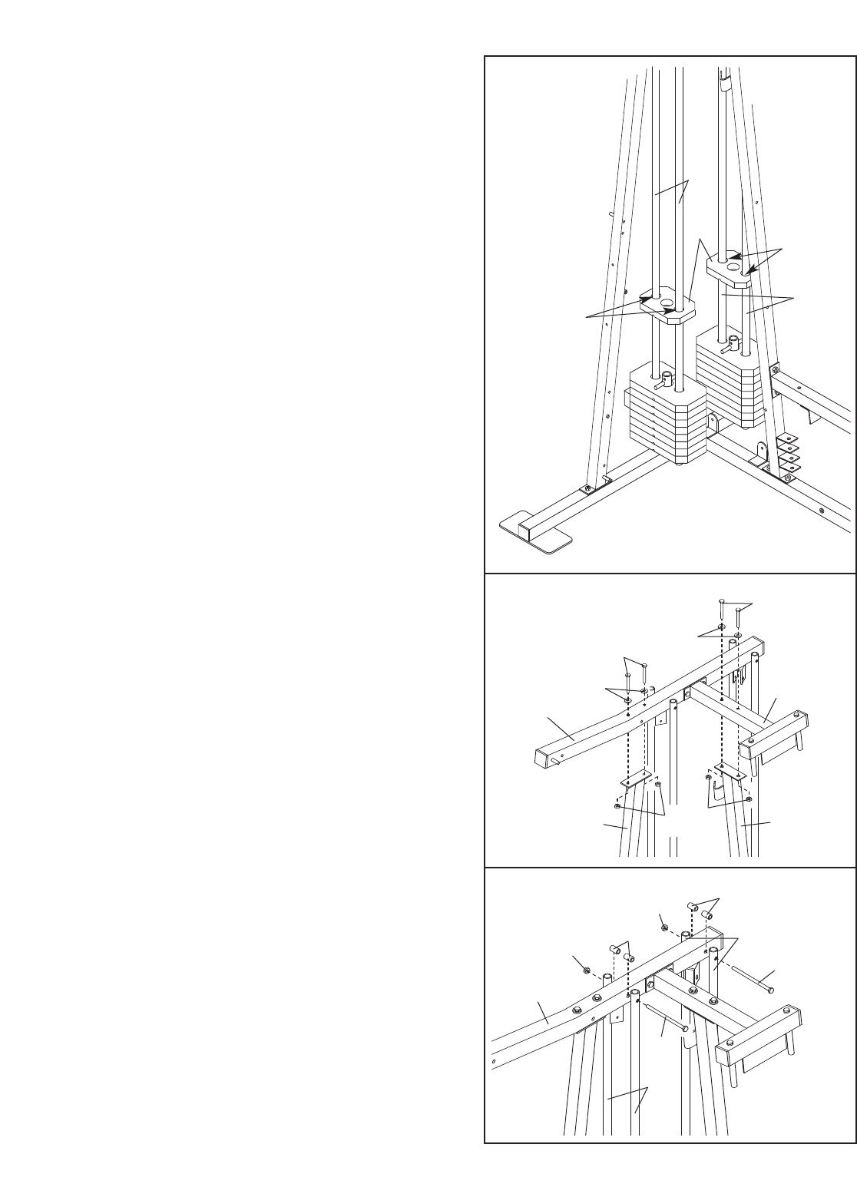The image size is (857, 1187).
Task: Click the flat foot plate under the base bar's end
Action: coord(535,534)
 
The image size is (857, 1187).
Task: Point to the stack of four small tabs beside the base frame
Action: coord(786,453)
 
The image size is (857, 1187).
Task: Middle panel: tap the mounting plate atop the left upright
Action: coord(637,780)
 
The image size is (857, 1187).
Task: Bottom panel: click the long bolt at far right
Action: coord(753,982)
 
